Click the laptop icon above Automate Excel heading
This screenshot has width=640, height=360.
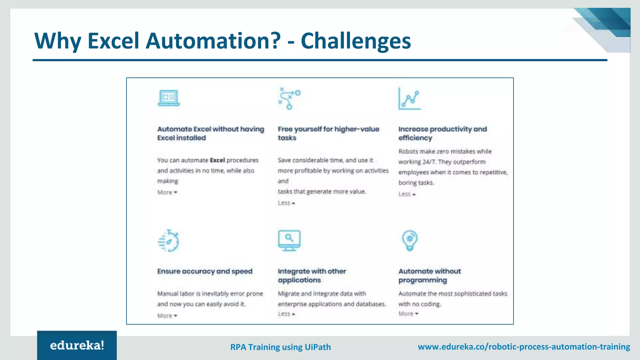pos(169,98)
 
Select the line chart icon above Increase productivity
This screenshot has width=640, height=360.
pos(409,99)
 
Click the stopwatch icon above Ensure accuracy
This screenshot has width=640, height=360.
pos(169,241)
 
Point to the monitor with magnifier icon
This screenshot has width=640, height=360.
pos(289,240)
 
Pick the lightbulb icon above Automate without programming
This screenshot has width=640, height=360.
pos(410,240)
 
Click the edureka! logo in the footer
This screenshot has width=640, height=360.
pos(77,345)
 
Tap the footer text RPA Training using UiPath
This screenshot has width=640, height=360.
pos(280,347)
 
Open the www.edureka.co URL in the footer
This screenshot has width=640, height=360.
pos(524,347)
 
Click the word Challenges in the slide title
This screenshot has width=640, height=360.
pos(356,41)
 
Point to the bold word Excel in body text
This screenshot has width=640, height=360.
pos(217,160)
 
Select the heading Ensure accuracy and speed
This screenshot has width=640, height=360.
pos(205,271)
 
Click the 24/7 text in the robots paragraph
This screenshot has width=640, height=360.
pos(429,162)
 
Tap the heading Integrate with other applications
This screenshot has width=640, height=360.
pos(312,276)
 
